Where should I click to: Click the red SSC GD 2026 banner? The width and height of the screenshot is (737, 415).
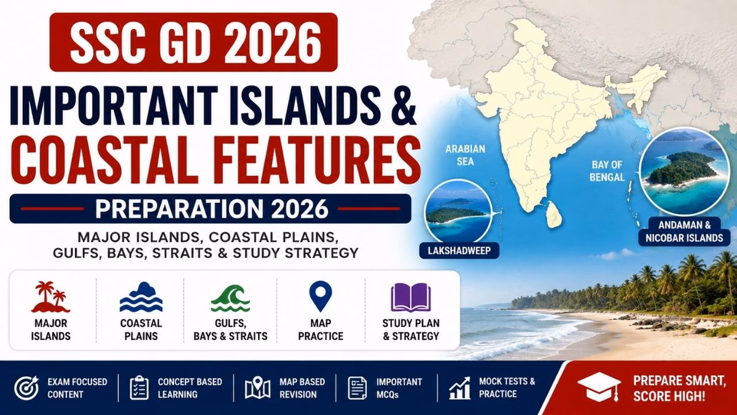pos(193,42)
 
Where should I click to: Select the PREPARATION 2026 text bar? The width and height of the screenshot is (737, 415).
pos(211,208)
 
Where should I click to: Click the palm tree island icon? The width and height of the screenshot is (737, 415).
pos(50,297)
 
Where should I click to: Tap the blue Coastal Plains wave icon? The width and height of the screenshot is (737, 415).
pos(141,297)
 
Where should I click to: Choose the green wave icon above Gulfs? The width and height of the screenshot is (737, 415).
pos(230,298)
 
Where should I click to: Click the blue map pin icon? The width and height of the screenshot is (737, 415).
pos(321,296)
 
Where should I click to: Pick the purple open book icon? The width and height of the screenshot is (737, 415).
pos(411,298)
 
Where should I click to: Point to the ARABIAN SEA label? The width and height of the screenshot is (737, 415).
pos(466,155)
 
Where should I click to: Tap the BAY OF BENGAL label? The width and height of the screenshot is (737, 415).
pos(607,171)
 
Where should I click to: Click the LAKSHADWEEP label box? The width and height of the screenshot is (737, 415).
pos(459,251)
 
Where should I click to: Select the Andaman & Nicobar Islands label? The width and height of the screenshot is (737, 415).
pos(684,232)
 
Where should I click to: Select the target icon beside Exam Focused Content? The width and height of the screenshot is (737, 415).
pos(26,388)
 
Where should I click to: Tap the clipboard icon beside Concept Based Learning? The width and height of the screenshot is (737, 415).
pos(139,388)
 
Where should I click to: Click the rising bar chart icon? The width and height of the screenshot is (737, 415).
pos(459,388)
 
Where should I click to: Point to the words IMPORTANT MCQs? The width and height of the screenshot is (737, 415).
pos(399,388)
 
